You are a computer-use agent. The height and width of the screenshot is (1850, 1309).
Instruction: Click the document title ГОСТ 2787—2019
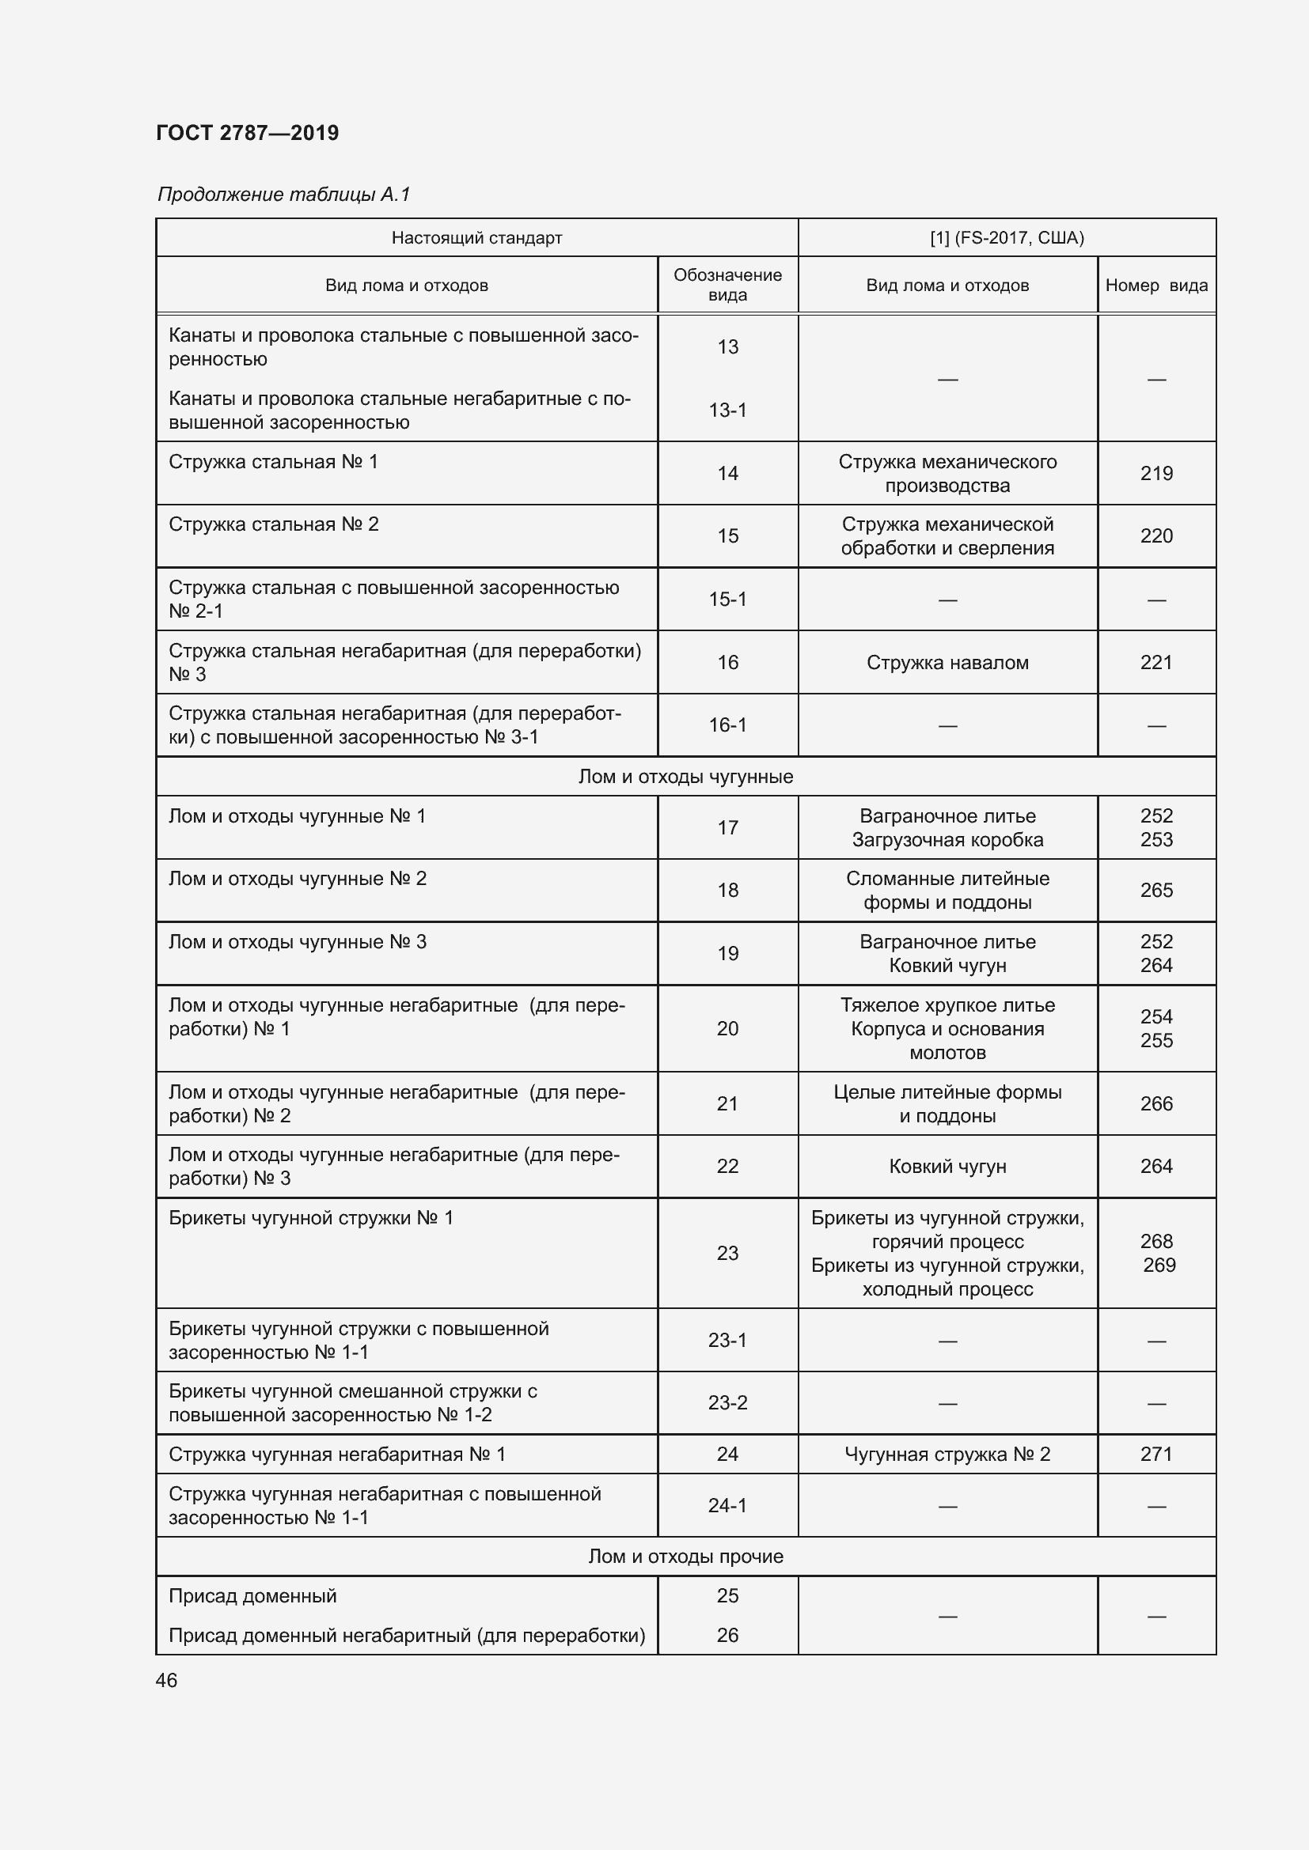(x=248, y=133)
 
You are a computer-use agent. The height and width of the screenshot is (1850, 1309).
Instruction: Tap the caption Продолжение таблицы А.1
(x=284, y=195)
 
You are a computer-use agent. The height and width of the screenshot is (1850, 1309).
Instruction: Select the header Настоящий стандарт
(x=476, y=238)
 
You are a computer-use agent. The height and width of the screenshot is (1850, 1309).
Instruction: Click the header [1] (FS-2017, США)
(x=1007, y=238)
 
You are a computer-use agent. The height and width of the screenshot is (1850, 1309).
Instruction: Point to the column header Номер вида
(x=1155, y=286)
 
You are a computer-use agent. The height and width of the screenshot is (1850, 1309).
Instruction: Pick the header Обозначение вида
(x=727, y=285)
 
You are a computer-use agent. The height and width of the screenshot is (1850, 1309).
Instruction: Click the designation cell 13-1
(x=727, y=410)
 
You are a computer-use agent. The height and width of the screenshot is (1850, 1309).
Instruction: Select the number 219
(x=1155, y=473)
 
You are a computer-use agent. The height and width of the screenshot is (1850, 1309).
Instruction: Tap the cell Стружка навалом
(x=947, y=662)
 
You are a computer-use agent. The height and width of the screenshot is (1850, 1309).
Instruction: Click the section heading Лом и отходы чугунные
(x=685, y=777)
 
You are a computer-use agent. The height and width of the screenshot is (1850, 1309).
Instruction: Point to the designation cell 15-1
(x=727, y=600)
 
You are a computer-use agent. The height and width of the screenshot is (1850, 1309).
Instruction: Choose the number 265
(x=1155, y=891)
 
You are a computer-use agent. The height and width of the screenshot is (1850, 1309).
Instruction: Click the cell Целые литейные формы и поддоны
(x=947, y=1104)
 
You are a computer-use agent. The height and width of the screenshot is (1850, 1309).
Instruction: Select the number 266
(x=1155, y=1104)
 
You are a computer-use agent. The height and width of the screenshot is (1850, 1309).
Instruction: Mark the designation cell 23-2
(x=727, y=1403)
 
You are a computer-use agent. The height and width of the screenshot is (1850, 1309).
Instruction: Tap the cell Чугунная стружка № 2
(x=947, y=1455)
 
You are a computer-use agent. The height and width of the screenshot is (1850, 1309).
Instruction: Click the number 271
(x=1155, y=1455)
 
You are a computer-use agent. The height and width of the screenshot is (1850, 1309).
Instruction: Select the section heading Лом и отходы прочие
(x=685, y=1557)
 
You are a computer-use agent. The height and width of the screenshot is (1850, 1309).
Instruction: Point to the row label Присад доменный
(x=252, y=1596)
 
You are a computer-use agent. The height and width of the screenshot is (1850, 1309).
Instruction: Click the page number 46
(x=167, y=1681)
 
